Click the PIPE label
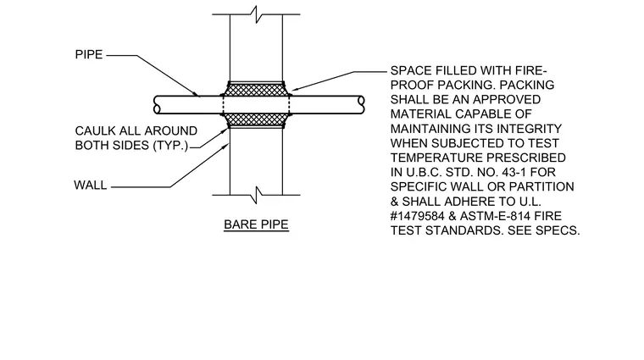89,54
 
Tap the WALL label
91,186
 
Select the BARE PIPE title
256,224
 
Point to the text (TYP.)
170,146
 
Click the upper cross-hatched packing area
256,90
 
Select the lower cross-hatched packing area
256,120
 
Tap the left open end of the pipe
157,105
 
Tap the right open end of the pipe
361,105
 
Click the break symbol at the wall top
256,14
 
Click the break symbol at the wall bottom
256,195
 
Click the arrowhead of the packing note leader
294,89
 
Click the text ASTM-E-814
491,216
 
